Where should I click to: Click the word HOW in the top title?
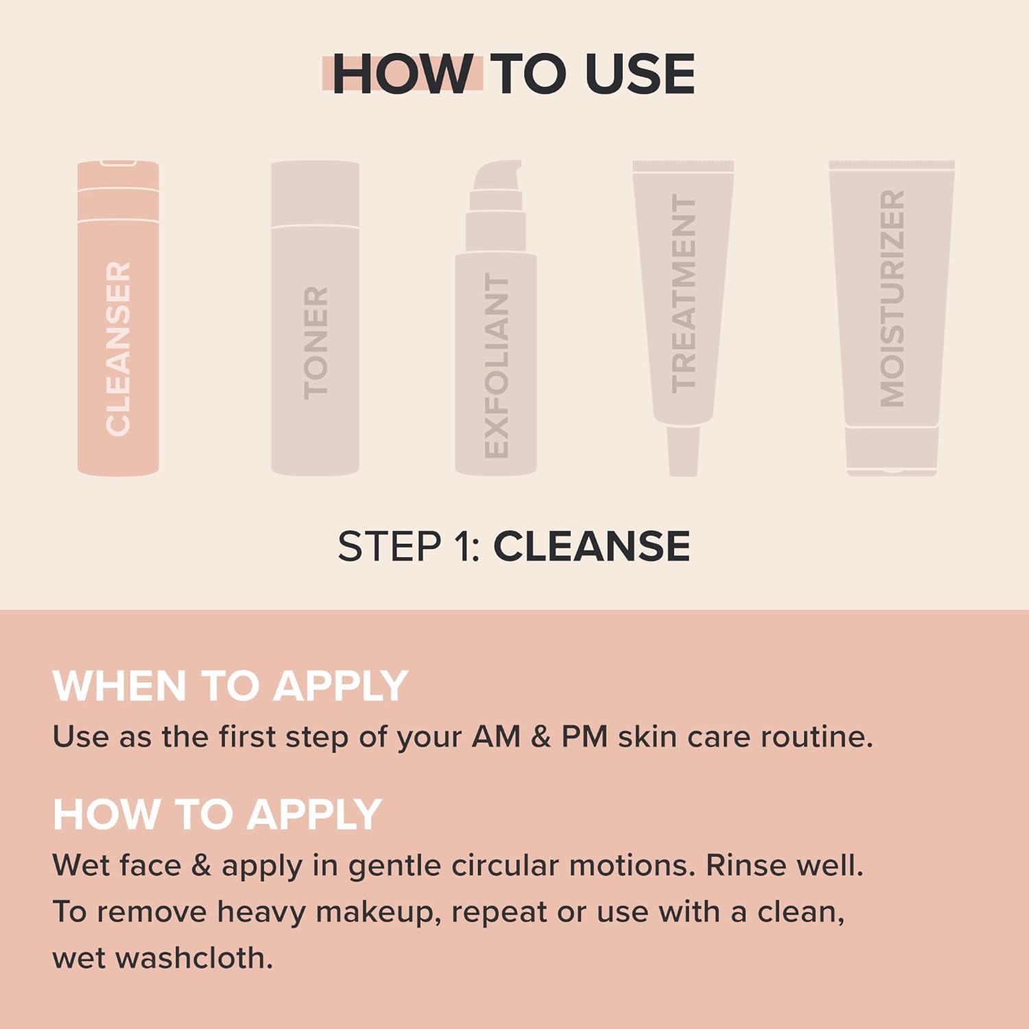pyautogui.click(x=402, y=74)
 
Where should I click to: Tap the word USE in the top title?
pyautogui.click(x=640, y=74)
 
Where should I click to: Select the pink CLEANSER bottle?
pyautogui.click(x=118, y=319)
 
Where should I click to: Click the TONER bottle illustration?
pyautogui.click(x=315, y=319)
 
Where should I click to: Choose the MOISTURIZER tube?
pyautogui.click(x=892, y=302)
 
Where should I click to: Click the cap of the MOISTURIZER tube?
pyautogui.click(x=892, y=449)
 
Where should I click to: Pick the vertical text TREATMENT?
pyautogui.click(x=683, y=293)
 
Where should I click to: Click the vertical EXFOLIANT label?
pyautogui.click(x=497, y=366)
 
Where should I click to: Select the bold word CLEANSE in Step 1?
pyautogui.click(x=591, y=547)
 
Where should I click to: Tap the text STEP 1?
pyautogui.click(x=409, y=547)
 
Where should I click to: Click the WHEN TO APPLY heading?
pyautogui.click(x=230, y=686)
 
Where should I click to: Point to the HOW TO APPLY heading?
pyautogui.click(x=217, y=814)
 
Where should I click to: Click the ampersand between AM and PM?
pyautogui.click(x=541, y=737)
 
